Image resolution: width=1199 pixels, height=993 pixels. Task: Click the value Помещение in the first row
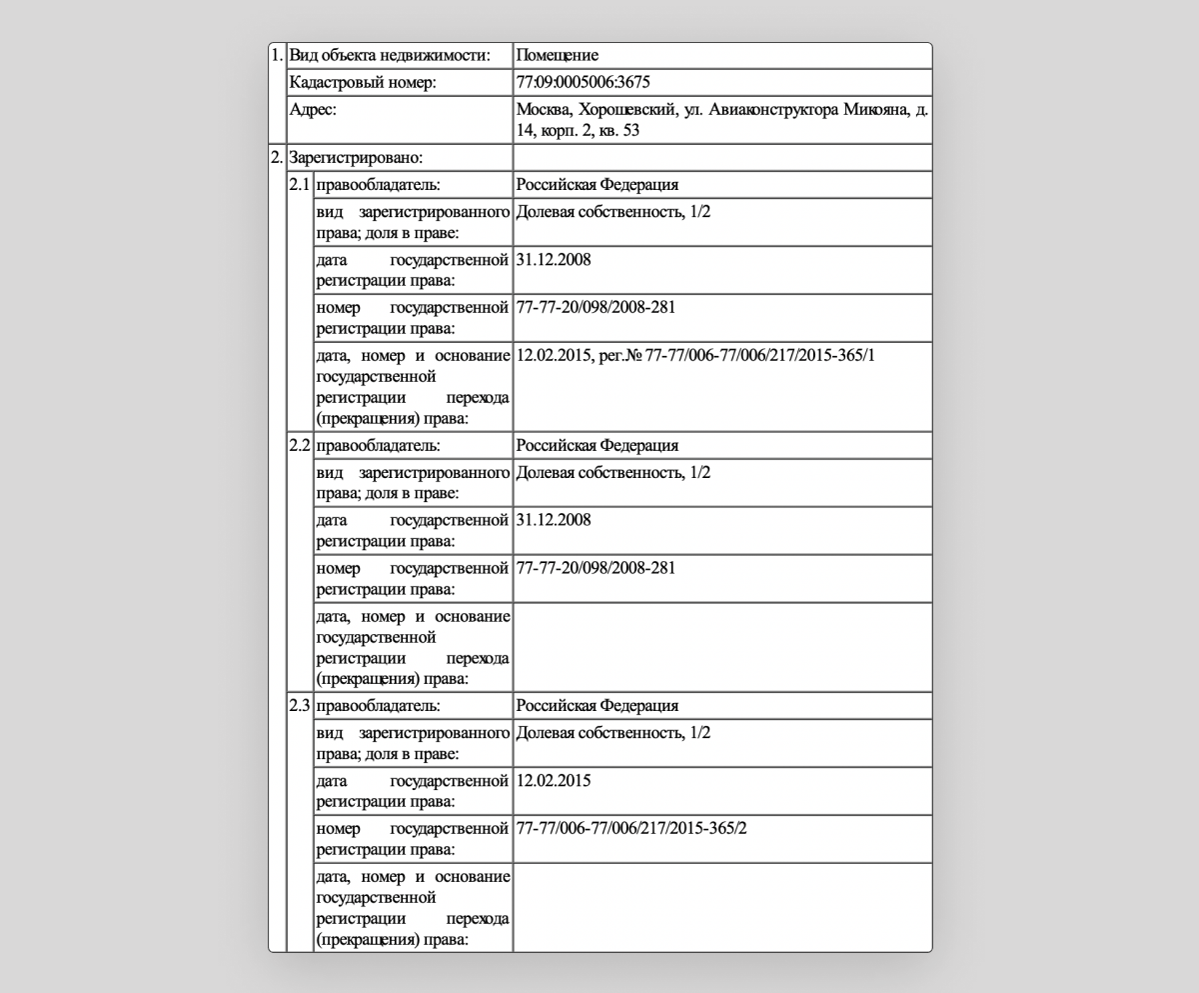click(x=557, y=55)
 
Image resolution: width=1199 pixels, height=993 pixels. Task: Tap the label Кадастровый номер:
click(x=362, y=82)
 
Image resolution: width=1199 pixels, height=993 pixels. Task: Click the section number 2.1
click(x=300, y=185)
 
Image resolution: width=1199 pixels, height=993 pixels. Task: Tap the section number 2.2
click(x=300, y=445)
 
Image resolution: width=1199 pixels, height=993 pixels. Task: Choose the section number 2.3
click(x=300, y=705)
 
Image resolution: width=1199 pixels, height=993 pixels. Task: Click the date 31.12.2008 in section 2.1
click(x=554, y=260)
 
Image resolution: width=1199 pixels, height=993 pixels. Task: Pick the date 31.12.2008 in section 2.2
click(x=554, y=520)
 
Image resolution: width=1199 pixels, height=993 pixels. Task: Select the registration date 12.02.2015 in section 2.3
click(x=554, y=780)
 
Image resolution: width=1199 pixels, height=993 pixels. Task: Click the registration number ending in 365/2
click(x=631, y=828)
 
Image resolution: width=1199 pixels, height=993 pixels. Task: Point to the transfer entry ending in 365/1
click(x=695, y=355)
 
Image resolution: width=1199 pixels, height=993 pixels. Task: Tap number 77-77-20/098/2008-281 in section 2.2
click(x=596, y=568)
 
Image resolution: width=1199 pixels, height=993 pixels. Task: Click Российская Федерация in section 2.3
click(x=597, y=705)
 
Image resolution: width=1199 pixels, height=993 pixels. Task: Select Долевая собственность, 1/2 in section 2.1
click(x=612, y=212)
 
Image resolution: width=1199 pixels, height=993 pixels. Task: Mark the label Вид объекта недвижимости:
click(x=390, y=55)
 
